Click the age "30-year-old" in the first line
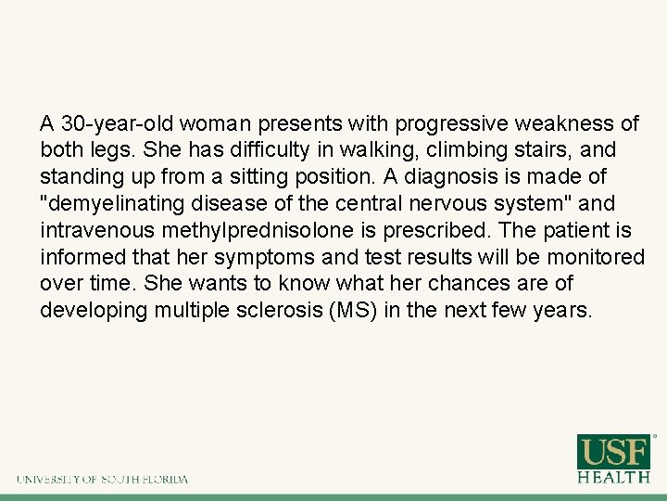click(x=115, y=122)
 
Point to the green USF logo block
click(x=614, y=452)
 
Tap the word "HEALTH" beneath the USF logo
click(x=614, y=477)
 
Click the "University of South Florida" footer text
click(x=102, y=480)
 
